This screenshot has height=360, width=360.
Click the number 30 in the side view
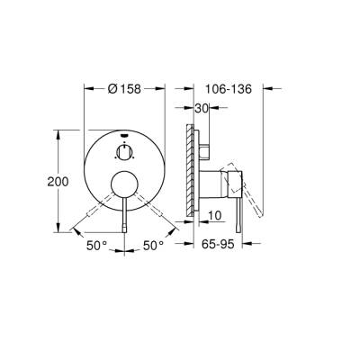[202, 108]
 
